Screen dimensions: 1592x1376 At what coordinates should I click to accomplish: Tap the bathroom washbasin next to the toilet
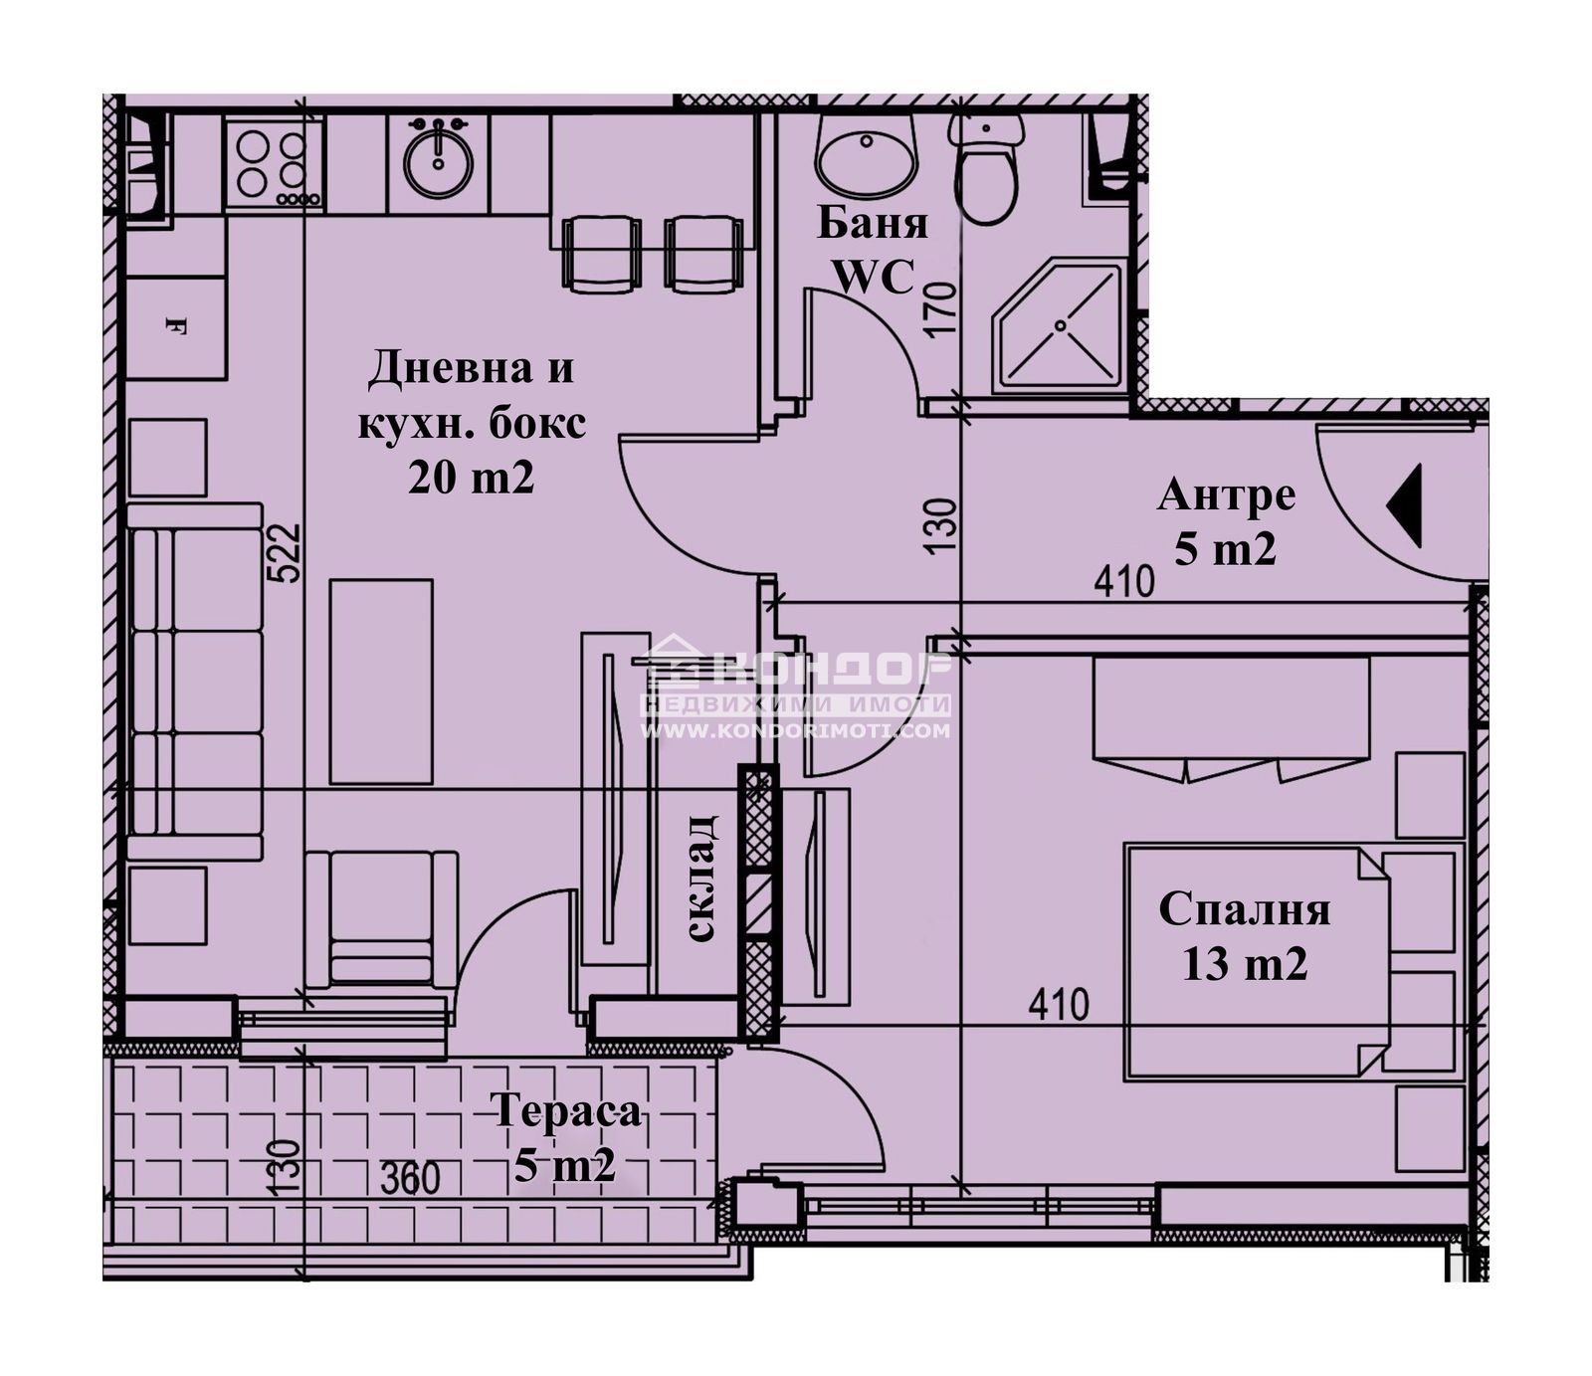(x=866, y=153)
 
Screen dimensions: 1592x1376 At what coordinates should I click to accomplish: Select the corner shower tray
(x=1061, y=325)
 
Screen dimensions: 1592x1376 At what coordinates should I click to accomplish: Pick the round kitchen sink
(x=438, y=158)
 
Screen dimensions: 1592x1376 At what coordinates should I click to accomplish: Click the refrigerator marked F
(x=176, y=326)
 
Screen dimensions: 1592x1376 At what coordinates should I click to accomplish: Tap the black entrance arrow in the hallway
(x=1404, y=505)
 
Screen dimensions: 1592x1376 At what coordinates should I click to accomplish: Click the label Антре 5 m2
(x=1226, y=521)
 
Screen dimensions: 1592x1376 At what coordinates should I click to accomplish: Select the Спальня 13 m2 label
(x=1245, y=936)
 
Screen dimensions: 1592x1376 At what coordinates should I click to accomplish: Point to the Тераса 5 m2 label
(x=565, y=1137)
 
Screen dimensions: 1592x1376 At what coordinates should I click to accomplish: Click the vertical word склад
(x=701, y=878)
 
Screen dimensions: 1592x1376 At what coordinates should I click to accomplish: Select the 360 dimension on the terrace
(x=411, y=1178)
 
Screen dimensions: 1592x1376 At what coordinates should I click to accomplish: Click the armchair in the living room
(x=381, y=919)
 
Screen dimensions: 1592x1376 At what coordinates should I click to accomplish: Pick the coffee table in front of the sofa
(x=381, y=682)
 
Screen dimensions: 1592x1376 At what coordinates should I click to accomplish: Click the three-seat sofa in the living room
(x=195, y=682)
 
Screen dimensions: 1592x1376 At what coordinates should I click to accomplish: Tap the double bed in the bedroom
(x=1294, y=961)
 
